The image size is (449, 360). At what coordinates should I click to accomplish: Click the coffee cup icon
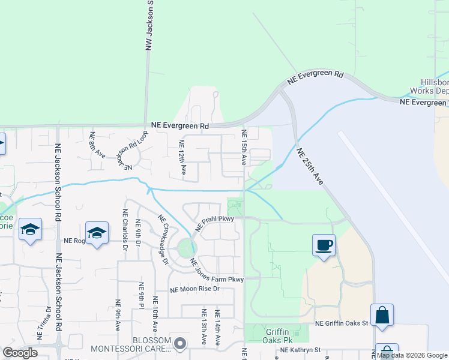(x=324, y=245)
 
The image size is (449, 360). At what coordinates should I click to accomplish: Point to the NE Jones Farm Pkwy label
(x=217, y=271)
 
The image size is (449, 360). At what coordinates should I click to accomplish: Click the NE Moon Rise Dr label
(x=195, y=289)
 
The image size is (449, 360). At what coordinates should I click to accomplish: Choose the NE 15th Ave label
(x=244, y=147)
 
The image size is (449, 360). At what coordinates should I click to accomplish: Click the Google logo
(x=20, y=353)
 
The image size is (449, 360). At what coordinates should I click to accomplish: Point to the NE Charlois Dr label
(x=125, y=230)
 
